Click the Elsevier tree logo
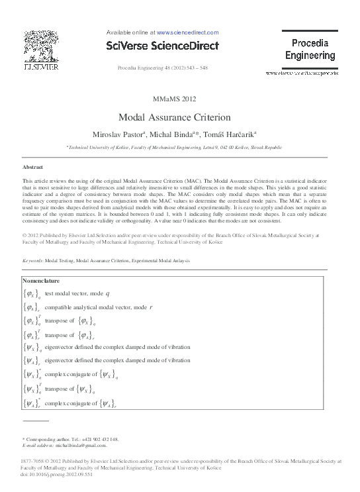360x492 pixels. click(x=41, y=46)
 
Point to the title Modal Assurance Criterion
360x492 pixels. click(x=174, y=117)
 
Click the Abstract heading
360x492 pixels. click(x=32, y=168)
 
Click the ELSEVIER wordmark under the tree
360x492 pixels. click(x=41, y=68)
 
